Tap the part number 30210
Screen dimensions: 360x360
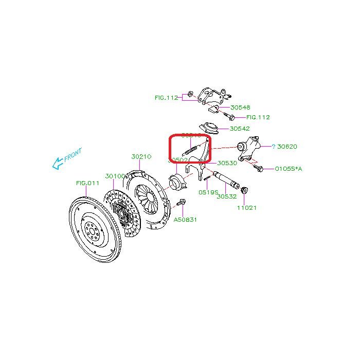(141, 156)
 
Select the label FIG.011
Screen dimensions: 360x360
(87, 183)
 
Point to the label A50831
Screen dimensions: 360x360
(185, 220)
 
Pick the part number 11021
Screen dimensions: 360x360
(246, 208)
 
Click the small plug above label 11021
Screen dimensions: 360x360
(244, 191)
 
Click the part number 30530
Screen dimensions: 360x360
(227, 163)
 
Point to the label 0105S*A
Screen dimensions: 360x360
(288, 168)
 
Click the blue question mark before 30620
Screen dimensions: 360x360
(274, 147)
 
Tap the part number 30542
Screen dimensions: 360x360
(240, 129)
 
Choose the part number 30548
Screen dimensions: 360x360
(240, 107)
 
